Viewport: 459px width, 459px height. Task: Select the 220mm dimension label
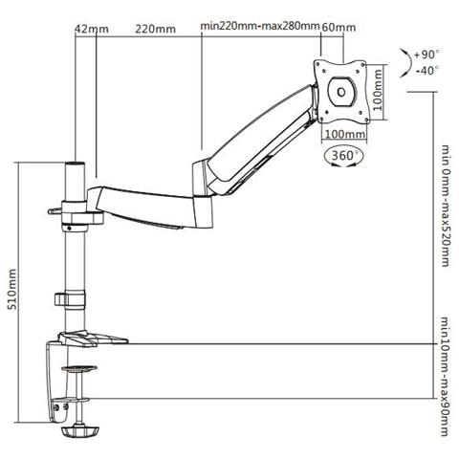[156, 28]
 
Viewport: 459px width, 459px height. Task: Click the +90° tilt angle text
[430, 54]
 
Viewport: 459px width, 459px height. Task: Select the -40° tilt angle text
[430, 69]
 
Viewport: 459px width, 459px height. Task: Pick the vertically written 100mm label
[377, 91]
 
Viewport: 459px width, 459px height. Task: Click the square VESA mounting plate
[340, 90]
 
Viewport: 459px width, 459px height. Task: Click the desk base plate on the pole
[91, 339]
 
